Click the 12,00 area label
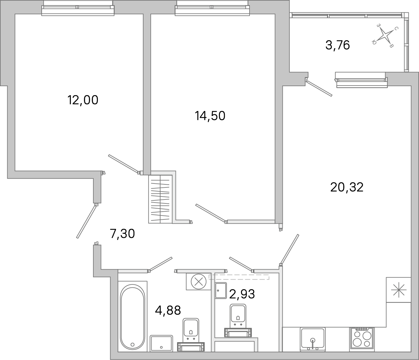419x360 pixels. (83, 100)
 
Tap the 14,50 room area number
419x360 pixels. (210, 116)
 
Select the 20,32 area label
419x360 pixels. (347, 187)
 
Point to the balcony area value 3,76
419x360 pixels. (337, 45)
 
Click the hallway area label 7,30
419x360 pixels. (122, 234)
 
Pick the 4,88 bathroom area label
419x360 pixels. (168, 310)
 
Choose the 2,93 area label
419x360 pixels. (242, 294)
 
